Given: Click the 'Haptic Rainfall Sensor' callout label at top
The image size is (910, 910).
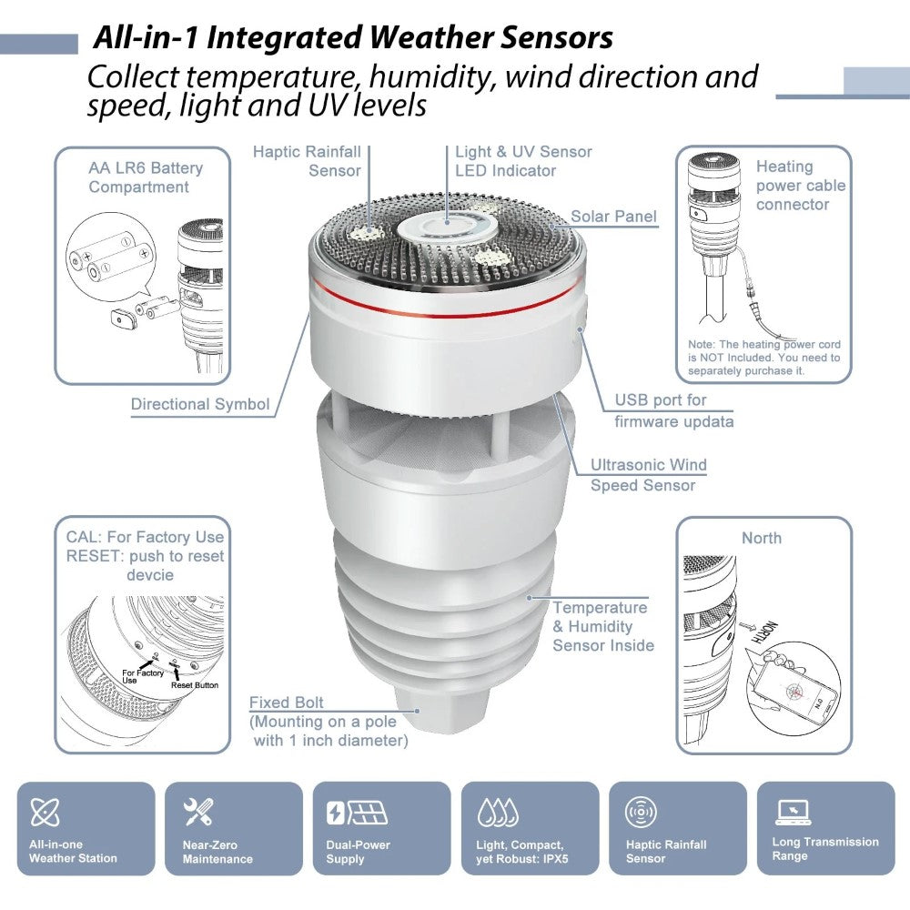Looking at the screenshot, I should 308,161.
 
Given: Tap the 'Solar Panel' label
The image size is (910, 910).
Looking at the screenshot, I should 613,217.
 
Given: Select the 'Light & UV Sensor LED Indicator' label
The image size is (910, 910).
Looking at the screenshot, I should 523,161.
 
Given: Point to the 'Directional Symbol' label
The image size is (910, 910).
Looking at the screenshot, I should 200,405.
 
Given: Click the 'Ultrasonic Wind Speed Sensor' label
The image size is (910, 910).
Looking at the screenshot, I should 648,475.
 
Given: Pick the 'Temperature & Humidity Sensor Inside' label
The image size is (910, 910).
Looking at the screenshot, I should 602,626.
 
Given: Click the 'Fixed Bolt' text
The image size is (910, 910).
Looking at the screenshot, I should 286,703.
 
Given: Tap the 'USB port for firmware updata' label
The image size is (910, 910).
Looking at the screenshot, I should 673,410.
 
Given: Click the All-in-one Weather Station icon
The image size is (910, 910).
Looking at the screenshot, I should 45,812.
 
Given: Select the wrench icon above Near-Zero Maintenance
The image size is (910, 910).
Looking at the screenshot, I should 197,811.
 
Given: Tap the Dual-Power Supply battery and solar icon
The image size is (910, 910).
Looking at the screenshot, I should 357,812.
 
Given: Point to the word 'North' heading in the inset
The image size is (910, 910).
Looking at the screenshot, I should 761,538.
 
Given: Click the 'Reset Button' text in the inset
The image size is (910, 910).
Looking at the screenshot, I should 194,685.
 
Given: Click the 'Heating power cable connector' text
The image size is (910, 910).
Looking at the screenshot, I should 800,186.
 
